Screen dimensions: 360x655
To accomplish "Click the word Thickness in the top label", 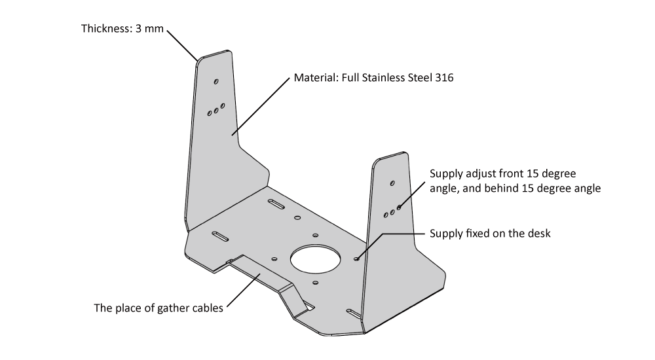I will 105,29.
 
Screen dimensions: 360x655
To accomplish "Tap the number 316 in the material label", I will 445,77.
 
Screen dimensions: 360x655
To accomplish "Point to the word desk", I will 539,234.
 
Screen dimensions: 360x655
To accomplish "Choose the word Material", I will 314,77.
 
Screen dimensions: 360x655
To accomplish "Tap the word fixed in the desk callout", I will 477,234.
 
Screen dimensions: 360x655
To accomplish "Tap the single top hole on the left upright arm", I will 216,82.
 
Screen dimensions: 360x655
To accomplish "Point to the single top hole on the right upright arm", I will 392,183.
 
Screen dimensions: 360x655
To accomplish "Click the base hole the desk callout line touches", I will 356,259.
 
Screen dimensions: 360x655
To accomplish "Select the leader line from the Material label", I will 262,105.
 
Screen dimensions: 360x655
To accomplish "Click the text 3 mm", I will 149,29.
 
